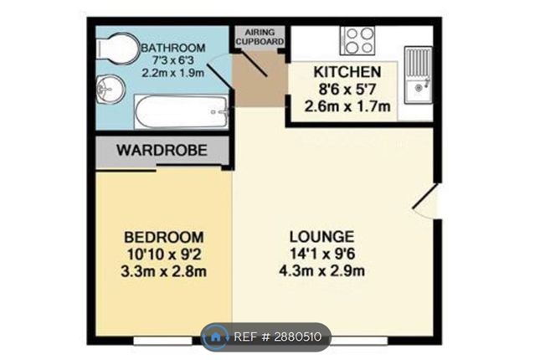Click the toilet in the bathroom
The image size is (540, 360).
tap(116, 49)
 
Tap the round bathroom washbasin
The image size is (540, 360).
tap(111, 89)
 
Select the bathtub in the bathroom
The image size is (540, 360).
tap(182, 111)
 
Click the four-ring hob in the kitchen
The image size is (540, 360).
tap(357, 41)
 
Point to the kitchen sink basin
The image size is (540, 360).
tap(419, 89)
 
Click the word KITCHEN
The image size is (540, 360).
tap(347, 72)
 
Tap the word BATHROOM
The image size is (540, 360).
tap(173, 48)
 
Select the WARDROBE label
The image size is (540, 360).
tap(162, 150)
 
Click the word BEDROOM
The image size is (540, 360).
tap(164, 238)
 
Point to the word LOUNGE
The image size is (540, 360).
tap(321, 237)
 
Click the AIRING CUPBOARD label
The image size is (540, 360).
tap(260, 37)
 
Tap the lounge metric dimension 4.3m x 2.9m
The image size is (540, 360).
tap(321, 270)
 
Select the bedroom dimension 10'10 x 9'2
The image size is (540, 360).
tap(164, 255)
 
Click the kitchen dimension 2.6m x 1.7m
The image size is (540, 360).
tap(347, 106)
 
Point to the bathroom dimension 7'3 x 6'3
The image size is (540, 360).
tap(173, 60)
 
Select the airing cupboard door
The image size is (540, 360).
tap(254, 63)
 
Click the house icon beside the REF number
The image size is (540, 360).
tap(215, 337)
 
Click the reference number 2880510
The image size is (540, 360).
tap(297, 337)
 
